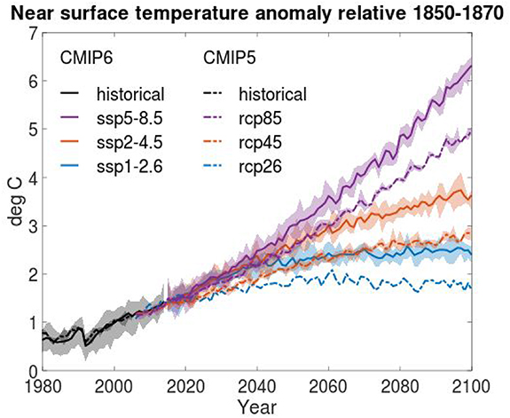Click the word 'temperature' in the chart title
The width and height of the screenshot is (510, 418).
pos(211,12)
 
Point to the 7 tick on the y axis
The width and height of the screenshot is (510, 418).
pos(31,34)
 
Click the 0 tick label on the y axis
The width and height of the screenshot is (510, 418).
pos(31,371)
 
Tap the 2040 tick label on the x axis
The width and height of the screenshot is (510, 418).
pos(256,387)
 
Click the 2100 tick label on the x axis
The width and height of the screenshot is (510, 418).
pos(470,387)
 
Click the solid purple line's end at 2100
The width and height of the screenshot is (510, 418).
pos(470,66)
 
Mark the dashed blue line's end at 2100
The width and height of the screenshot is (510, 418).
pos(470,288)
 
